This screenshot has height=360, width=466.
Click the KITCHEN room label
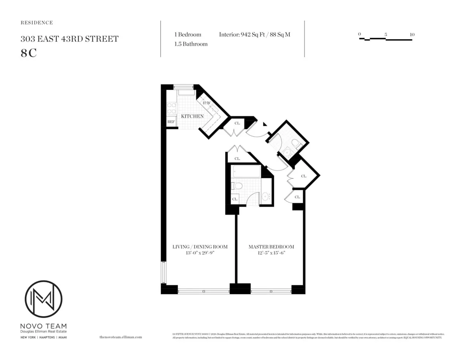[192, 116]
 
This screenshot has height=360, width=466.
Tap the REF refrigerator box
[171, 122]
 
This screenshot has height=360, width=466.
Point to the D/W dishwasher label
[207, 103]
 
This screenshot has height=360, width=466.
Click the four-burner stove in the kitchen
[171, 108]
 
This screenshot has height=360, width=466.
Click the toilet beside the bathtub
[237, 186]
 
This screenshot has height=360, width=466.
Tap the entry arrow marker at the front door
[265, 124]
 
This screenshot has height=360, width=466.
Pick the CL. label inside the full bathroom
[235, 199]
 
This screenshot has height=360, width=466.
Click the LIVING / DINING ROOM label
[200, 247]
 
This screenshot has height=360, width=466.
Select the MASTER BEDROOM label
[271, 247]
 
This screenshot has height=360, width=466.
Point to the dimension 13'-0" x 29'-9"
[200, 253]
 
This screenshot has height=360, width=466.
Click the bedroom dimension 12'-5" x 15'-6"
[271, 253]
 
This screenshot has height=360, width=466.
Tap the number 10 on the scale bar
[412, 35]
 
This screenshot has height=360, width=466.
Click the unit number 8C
[29, 53]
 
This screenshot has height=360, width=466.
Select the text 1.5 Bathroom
[191, 44]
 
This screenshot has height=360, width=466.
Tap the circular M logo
[43, 299]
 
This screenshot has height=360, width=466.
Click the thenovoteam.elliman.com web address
[121, 337]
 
